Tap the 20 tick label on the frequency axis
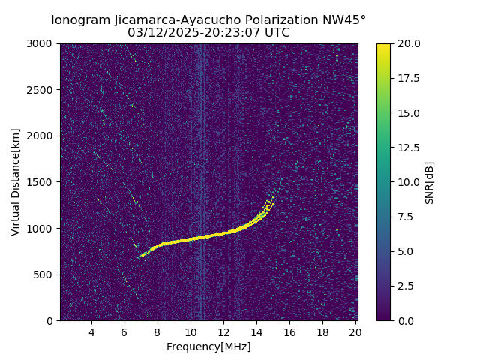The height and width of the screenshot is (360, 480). (355, 332)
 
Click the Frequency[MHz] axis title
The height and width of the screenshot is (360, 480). (208, 346)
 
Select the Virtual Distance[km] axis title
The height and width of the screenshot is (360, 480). (16, 182)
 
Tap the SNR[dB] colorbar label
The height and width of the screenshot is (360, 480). (430, 182)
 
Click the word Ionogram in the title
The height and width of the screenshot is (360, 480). (80, 19)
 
